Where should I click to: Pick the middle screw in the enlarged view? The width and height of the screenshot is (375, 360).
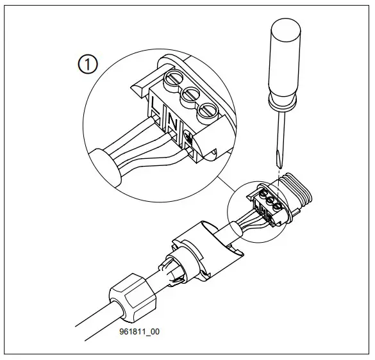click(190, 95)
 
